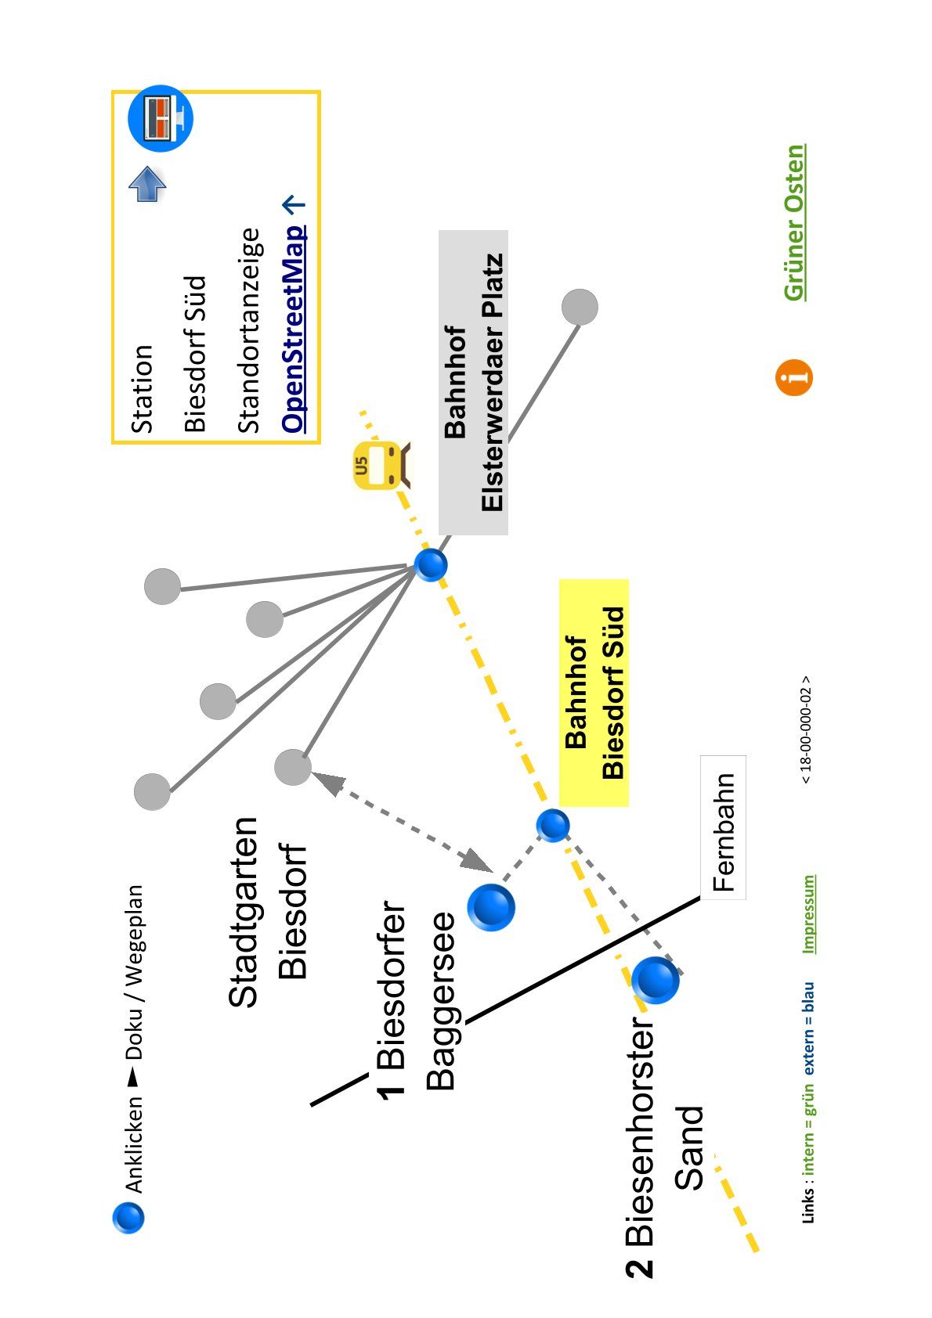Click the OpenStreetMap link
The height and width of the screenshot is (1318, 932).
click(294, 329)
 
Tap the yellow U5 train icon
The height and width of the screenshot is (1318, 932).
click(381, 465)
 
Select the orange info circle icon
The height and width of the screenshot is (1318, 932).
click(793, 377)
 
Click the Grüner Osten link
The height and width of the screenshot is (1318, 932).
click(794, 223)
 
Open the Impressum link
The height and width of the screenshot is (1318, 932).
click(809, 914)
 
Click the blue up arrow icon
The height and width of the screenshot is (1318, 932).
click(147, 184)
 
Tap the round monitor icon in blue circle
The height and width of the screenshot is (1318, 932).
click(161, 118)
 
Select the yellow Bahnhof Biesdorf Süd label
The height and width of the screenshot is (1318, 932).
click(594, 693)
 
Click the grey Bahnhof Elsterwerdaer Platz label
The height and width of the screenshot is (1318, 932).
click(473, 383)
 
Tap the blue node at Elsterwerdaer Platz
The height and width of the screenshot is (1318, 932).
click(431, 565)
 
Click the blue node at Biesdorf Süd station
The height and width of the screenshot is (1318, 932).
click(553, 825)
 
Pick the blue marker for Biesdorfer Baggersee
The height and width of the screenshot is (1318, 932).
click(491, 907)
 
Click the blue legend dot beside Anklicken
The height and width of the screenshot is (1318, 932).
click(128, 1217)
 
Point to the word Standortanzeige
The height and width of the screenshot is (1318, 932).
click(248, 330)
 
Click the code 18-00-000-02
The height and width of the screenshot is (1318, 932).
click(805, 729)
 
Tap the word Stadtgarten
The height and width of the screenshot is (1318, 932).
click(243, 912)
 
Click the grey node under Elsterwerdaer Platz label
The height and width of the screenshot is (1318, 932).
click(580, 307)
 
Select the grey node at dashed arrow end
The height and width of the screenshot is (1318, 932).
click(293, 767)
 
